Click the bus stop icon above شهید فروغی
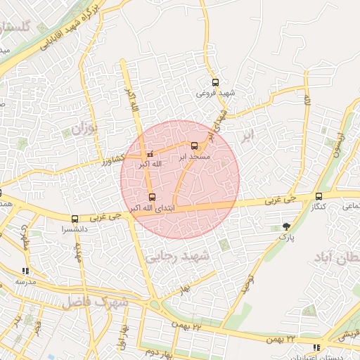214,82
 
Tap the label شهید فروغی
215,93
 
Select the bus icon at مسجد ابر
195,146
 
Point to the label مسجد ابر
195,156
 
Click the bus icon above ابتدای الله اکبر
153,197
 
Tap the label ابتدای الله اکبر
153,208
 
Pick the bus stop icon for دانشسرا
75,219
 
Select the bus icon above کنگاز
319,196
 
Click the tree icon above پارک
286,226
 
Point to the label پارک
285,238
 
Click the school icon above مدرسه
26,271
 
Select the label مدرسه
26,281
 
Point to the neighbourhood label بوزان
82,129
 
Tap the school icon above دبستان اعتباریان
317,347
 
